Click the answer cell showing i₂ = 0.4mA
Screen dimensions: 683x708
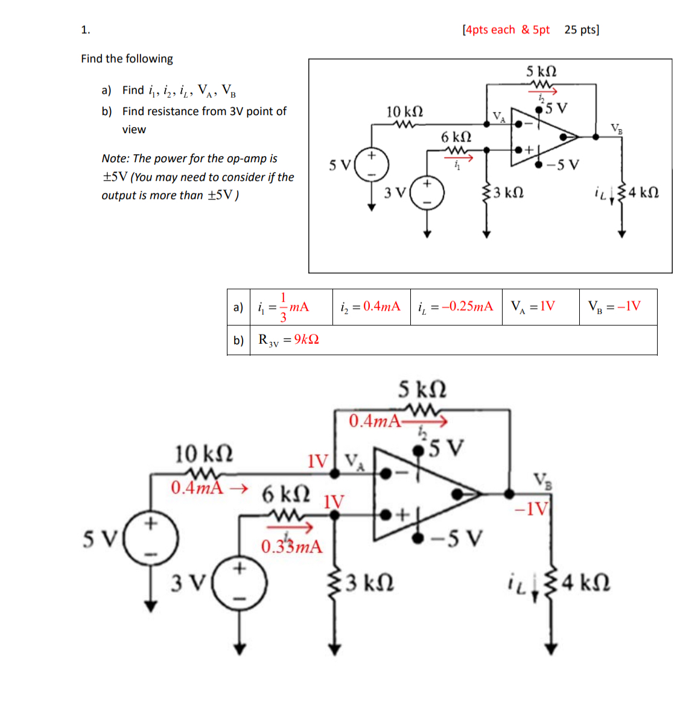coord(371,307)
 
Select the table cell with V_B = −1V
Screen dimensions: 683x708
coord(618,307)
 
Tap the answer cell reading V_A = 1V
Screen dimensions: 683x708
coord(540,307)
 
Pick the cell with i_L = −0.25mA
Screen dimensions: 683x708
coord(456,307)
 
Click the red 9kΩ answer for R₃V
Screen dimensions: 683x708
coord(307,339)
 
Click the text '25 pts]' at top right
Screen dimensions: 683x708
coord(582,30)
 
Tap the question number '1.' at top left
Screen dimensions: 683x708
coord(86,30)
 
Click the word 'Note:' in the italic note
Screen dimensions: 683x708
coord(116,159)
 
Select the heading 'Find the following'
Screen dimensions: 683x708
coord(127,58)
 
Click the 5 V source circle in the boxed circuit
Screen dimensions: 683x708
coord(371,165)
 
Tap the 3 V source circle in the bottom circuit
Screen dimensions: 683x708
coord(240,583)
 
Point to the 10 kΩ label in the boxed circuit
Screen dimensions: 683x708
coord(404,112)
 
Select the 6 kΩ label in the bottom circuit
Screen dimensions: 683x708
coord(286,493)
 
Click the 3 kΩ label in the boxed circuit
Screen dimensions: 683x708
coord(509,193)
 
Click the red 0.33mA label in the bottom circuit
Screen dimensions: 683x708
coord(292,547)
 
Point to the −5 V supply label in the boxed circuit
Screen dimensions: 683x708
coord(562,165)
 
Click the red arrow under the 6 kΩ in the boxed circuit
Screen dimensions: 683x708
coord(459,157)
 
